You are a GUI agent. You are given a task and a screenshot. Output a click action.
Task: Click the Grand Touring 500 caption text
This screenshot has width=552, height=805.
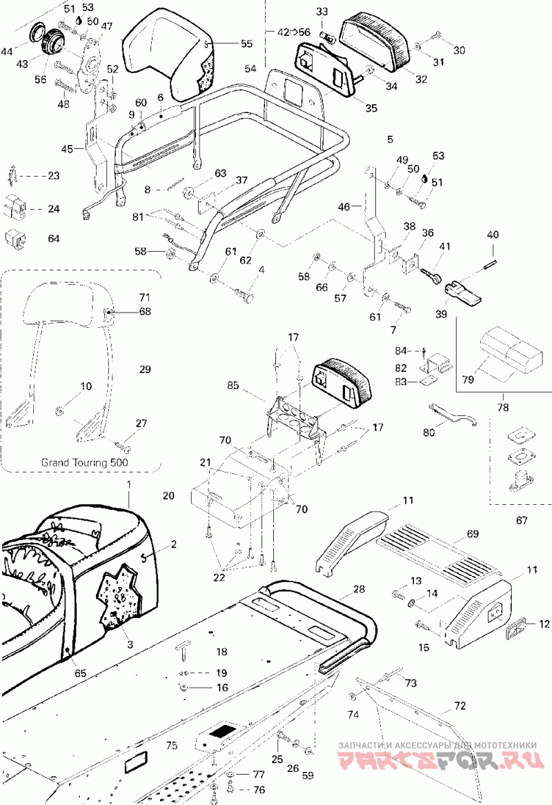tap(85, 462)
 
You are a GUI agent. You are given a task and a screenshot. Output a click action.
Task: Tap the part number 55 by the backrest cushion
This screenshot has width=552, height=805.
tap(247, 43)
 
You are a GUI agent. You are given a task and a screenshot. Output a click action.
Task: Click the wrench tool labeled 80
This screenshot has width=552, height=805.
tap(453, 415)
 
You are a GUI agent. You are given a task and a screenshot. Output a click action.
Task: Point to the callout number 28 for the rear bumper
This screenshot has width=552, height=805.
tap(359, 589)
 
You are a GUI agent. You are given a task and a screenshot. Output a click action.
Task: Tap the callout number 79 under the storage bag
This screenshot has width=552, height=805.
tap(468, 380)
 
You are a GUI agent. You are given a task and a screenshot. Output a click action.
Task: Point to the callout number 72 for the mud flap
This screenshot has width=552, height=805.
tap(460, 706)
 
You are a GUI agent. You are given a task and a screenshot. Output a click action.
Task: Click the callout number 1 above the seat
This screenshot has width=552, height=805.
tap(129, 484)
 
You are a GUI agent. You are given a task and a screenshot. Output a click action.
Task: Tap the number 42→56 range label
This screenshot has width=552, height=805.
tap(294, 32)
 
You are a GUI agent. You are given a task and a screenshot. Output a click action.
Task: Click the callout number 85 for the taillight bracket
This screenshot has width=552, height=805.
tap(233, 385)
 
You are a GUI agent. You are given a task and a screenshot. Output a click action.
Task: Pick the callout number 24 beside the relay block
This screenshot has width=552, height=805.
tap(54, 209)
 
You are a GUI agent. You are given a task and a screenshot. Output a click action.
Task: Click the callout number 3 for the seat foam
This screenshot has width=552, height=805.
tap(130, 644)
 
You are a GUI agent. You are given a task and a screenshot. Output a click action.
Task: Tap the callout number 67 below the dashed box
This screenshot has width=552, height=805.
tap(522, 521)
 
